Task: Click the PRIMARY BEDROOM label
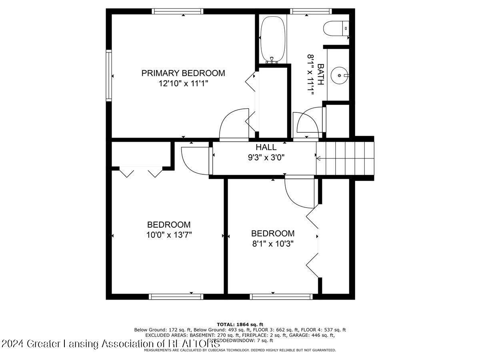point(183,73)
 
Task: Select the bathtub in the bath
point(273,39)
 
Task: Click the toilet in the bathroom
point(336,29)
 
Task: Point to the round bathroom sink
point(340,75)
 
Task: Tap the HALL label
point(266,147)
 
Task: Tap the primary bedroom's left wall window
point(108,75)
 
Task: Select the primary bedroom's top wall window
point(178,11)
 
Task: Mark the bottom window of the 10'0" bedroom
point(176,296)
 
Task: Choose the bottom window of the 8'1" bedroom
point(281,296)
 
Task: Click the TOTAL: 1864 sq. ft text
point(240,324)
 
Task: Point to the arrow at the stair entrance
point(318,158)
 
